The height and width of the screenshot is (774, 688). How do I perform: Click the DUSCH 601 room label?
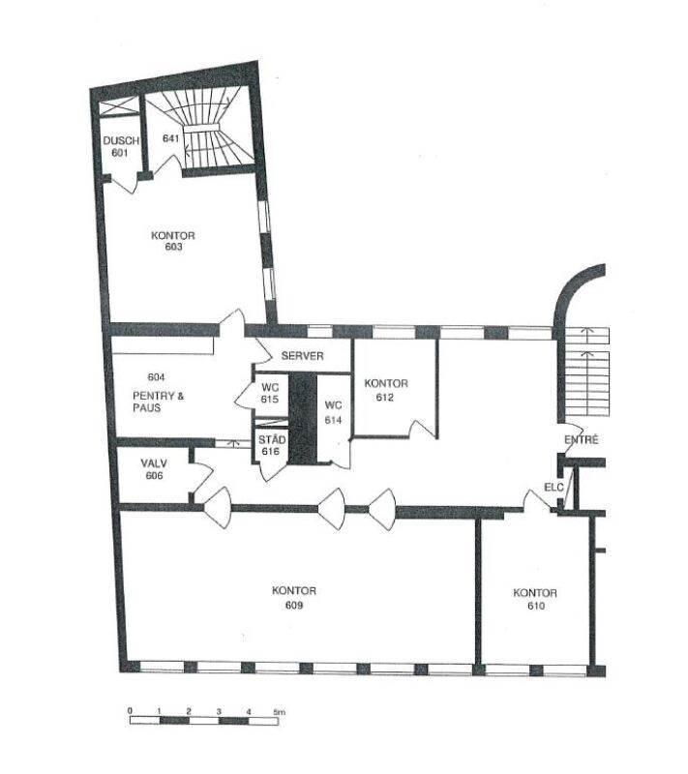click(120, 147)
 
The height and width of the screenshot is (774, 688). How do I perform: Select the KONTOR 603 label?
click(173, 241)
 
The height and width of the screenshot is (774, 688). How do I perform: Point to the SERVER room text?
click(302, 355)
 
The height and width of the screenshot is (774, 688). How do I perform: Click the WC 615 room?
click(269, 393)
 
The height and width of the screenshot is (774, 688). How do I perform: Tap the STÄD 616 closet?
click(271, 445)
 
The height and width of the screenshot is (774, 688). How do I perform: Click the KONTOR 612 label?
click(386, 390)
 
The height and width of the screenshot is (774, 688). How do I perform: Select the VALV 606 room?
click(154, 469)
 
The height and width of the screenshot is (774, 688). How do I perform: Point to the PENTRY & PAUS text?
click(158, 402)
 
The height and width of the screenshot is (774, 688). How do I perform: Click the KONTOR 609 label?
click(294, 598)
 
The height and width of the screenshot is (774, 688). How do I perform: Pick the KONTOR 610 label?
click(535, 599)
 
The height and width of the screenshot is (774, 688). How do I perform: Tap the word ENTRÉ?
click(581, 439)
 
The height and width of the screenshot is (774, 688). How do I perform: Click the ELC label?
click(553, 488)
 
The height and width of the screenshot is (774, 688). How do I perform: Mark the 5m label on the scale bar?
click(280, 712)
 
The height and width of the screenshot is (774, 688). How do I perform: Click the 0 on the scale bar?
click(130, 711)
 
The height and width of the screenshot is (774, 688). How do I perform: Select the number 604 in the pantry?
click(156, 377)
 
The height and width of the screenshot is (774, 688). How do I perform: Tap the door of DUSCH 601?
click(124, 184)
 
